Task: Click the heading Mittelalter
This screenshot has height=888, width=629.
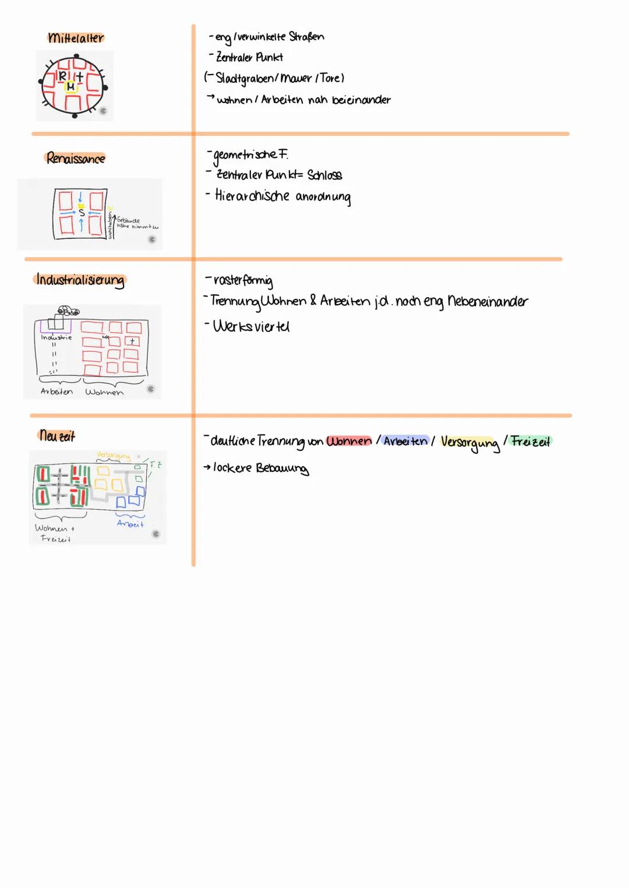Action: (76, 38)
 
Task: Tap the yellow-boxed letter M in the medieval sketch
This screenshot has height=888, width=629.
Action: (70, 87)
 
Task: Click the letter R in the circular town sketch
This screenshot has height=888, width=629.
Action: (63, 76)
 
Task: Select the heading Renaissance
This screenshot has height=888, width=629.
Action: (76, 158)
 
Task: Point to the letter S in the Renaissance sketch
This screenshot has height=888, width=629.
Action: (82, 213)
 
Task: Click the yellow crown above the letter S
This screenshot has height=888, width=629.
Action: (82, 206)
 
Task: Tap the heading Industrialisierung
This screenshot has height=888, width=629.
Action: (80, 280)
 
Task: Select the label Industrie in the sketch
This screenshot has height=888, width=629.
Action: (56, 337)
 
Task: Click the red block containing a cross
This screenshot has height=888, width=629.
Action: (132, 341)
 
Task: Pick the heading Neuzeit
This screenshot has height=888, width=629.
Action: (57, 436)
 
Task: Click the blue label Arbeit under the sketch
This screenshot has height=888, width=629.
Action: (130, 524)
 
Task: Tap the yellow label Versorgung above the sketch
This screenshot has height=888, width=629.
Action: (113, 455)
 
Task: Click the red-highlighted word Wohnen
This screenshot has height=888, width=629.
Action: (349, 441)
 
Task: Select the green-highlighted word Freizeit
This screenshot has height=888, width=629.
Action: (530, 441)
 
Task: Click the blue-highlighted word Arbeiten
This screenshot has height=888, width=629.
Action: (405, 441)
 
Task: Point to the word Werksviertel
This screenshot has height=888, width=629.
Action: (251, 326)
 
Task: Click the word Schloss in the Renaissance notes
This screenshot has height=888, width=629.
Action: (324, 175)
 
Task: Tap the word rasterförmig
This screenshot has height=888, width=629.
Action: (243, 281)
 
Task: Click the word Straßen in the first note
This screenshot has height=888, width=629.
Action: (306, 37)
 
